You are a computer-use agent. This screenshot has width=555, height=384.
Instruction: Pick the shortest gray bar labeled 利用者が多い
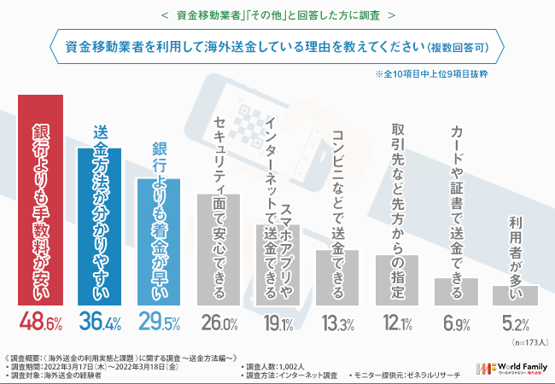point(516,294)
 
